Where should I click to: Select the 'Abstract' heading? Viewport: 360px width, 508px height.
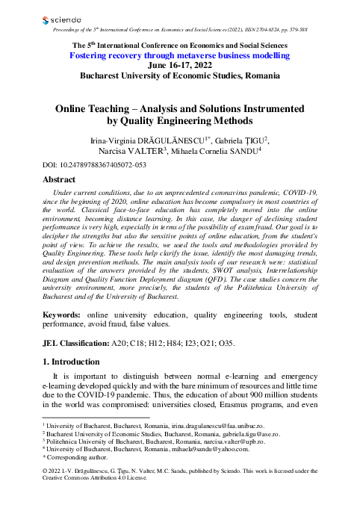(x=60, y=180)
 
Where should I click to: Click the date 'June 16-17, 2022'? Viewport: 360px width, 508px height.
(x=179, y=66)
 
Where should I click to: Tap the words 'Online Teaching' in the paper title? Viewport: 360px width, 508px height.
(x=99, y=108)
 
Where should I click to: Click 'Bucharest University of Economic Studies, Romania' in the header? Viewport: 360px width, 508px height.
(x=179, y=76)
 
